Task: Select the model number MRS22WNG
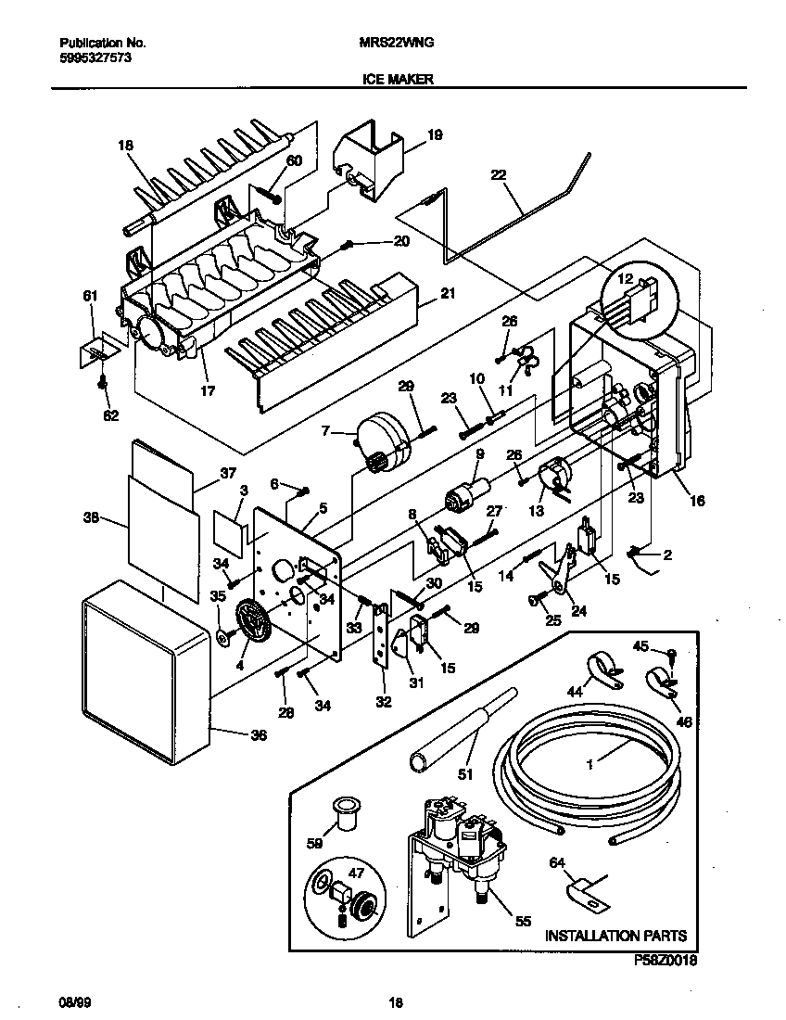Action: [x=397, y=43]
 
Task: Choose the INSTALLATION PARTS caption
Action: [x=615, y=936]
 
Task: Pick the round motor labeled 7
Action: [x=383, y=438]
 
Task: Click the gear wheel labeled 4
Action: [x=252, y=623]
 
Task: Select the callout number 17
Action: [x=208, y=391]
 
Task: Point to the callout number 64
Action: [x=556, y=864]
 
